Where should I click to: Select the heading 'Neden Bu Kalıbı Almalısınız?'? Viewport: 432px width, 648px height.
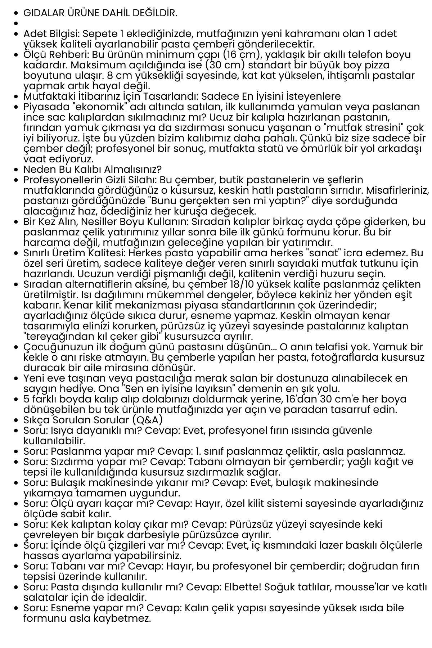pos(93,169)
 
